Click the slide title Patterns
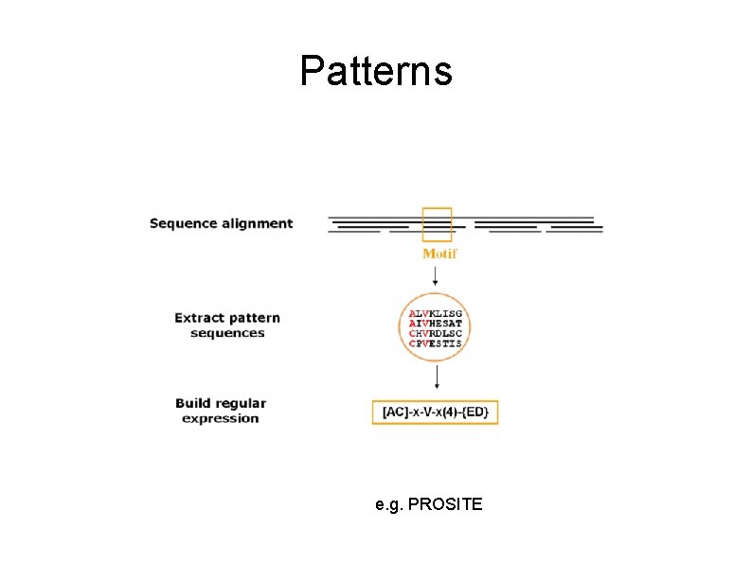(x=376, y=71)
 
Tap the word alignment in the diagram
(x=257, y=224)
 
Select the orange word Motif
(x=439, y=254)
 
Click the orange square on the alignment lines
(x=437, y=225)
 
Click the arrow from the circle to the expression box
(x=436, y=378)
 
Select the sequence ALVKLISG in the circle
(x=436, y=313)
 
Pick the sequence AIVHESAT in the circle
(x=436, y=324)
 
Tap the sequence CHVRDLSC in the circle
(x=436, y=333)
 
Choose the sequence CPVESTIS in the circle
(x=436, y=343)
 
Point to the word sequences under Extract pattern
(x=227, y=333)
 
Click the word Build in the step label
(x=193, y=403)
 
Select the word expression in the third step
(x=221, y=418)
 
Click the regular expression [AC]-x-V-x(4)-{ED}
(x=435, y=413)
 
